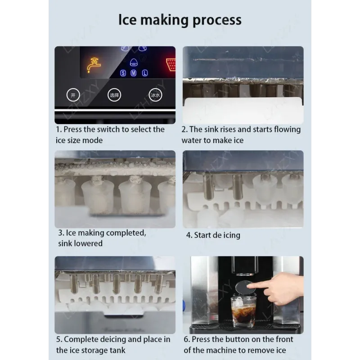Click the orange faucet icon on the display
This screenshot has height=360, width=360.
[94, 65]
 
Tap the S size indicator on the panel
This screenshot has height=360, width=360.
[123, 73]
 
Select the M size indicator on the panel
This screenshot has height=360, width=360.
[134, 73]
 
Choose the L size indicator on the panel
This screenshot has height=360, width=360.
[144, 73]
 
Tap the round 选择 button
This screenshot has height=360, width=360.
[114, 95]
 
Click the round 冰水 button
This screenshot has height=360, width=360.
[155, 95]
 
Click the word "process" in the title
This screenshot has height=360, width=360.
[217, 21]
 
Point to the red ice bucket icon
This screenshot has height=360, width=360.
[171, 64]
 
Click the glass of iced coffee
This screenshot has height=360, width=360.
[243, 311]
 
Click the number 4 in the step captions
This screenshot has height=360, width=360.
[189, 235]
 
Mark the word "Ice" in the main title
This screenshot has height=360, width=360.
[127, 20]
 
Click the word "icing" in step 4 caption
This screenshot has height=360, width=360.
[231, 235]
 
